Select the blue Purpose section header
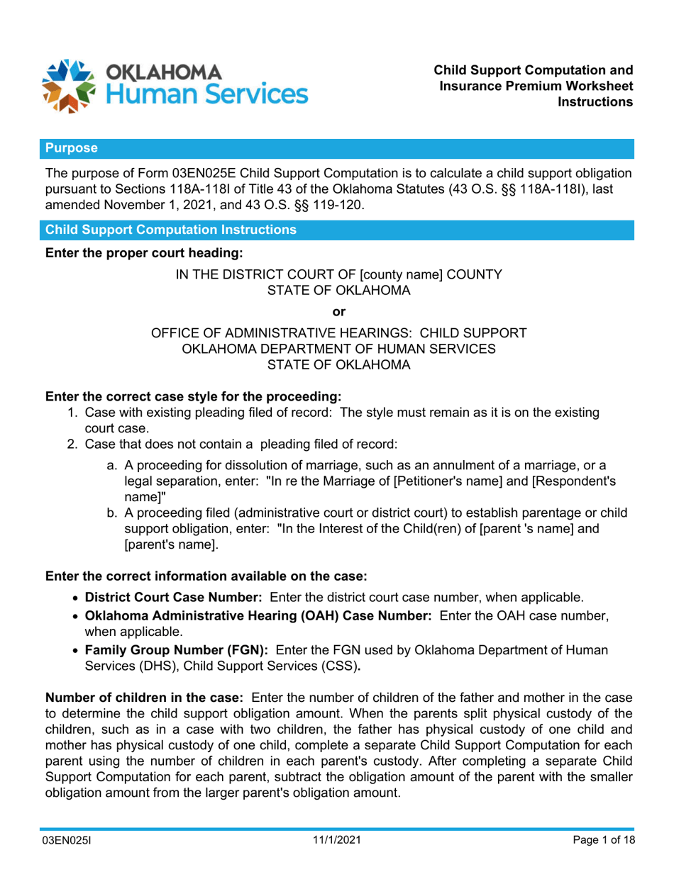pos(72,148)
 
